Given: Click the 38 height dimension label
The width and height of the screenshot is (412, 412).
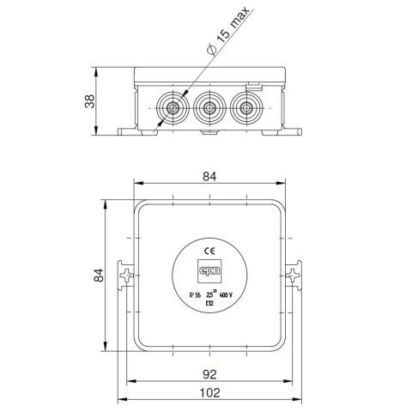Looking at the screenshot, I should (x=89, y=102).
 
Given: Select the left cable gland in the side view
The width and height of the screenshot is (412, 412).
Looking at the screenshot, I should (x=172, y=110).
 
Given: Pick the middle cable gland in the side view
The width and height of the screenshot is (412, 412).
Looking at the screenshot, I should (x=209, y=110).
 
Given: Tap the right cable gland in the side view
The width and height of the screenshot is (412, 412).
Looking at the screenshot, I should (x=246, y=110).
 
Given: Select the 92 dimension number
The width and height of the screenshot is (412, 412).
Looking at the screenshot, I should (x=209, y=375).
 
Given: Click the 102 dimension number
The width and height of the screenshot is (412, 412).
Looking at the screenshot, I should (x=209, y=392).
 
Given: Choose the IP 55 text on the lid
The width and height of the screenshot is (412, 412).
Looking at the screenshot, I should (x=195, y=294).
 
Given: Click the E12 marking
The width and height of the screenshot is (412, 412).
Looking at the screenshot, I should (x=209, y=304).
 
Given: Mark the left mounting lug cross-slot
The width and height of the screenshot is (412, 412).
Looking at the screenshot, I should (x=127, y=276).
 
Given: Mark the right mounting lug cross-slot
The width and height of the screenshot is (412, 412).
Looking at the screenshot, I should (x=291, y=276).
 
